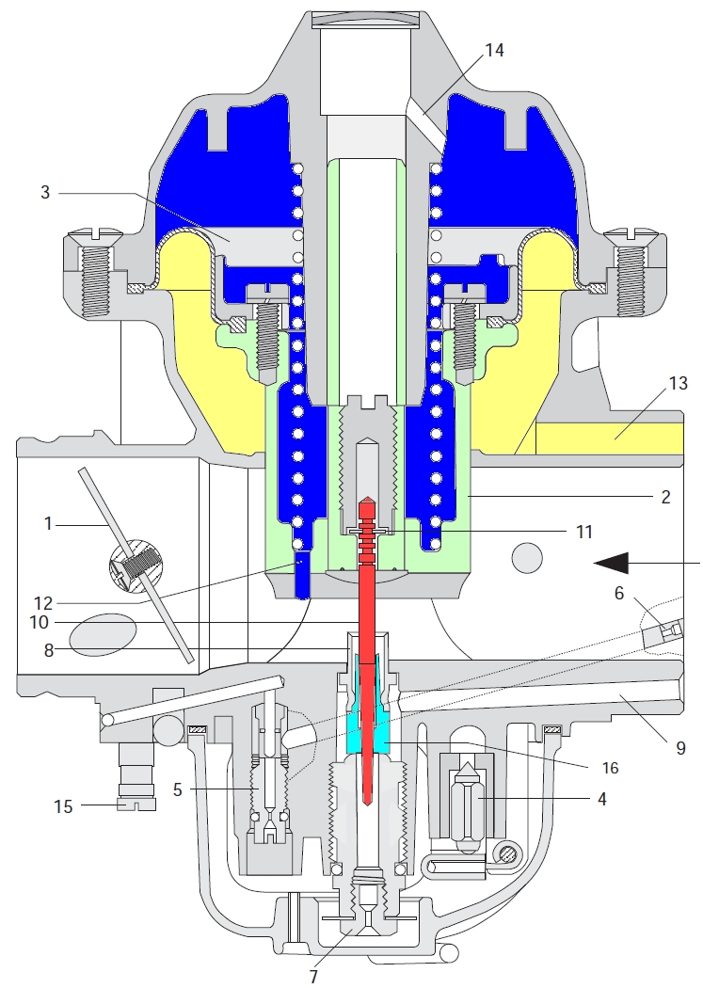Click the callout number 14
pos(493,50)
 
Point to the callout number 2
pos(665,496)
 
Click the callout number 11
pos(583,532)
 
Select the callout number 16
pos(610,767)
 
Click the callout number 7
pos(314,975)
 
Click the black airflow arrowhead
pos(612,563)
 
